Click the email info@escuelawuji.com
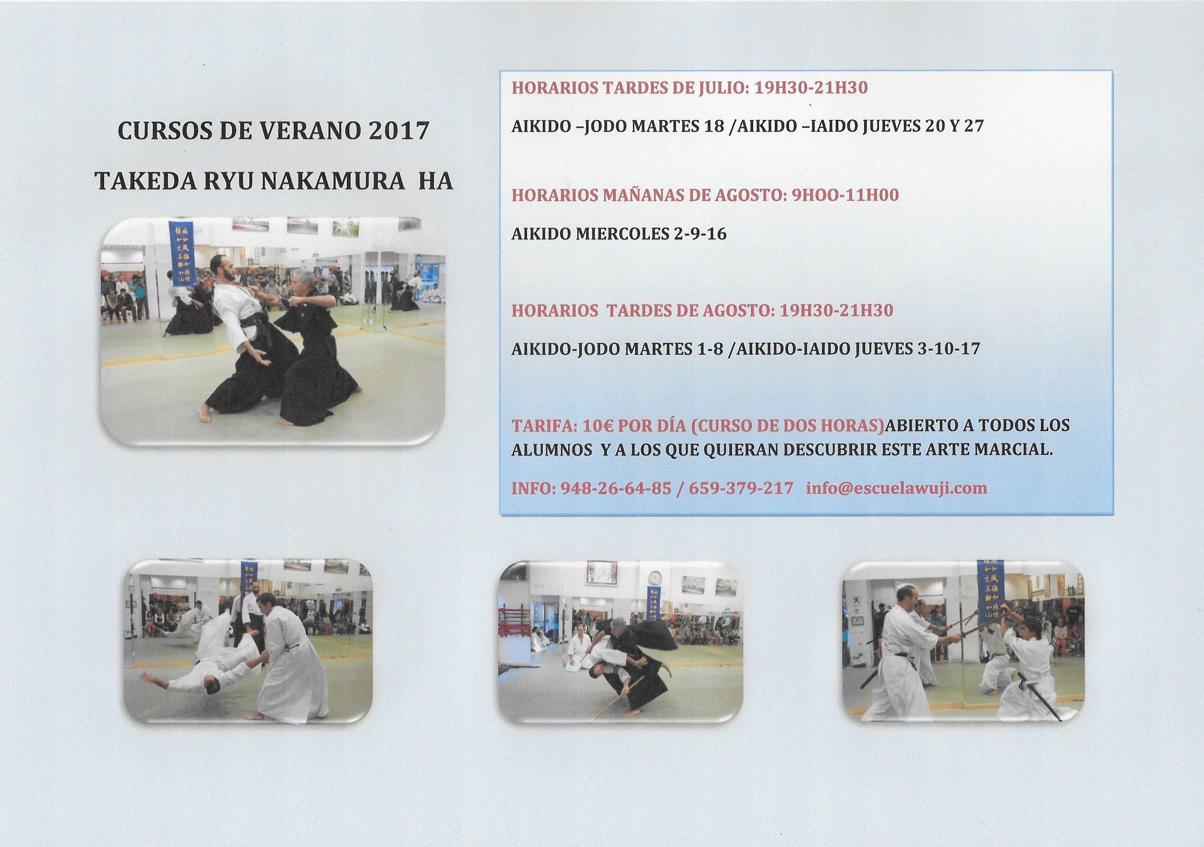coord(896,488)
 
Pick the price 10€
coord(597,425)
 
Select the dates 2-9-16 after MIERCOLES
coord(698,234)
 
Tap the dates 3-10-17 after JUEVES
coord(949,349)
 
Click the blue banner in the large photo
coord(182,252)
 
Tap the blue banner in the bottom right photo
coord(990,591)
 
